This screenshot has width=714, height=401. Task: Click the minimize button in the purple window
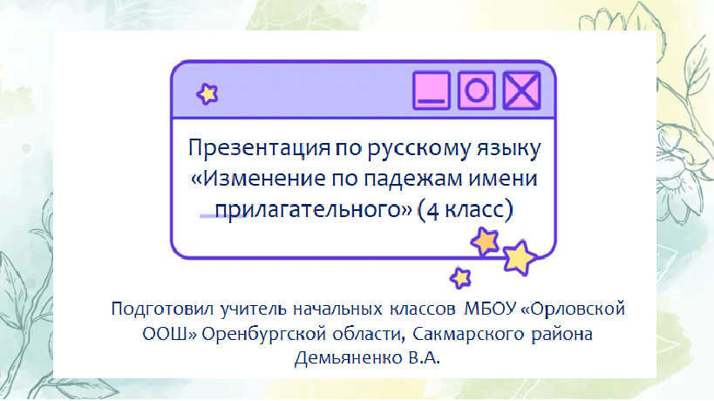tap(432, 90)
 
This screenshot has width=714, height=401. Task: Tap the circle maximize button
tap(476, 90)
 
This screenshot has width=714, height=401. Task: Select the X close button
tap(521, 90)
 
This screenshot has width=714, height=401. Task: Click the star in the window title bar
tap(207, 94)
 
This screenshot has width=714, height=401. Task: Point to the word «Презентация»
tap(259, 148)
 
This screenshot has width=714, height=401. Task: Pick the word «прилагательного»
tap(313, 210)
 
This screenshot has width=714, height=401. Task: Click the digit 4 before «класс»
tap(432, 211)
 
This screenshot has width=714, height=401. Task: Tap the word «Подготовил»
tap(162, 309)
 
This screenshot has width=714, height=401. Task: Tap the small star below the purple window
tap(460, 278)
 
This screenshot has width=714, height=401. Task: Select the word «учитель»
tap(254, 309)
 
